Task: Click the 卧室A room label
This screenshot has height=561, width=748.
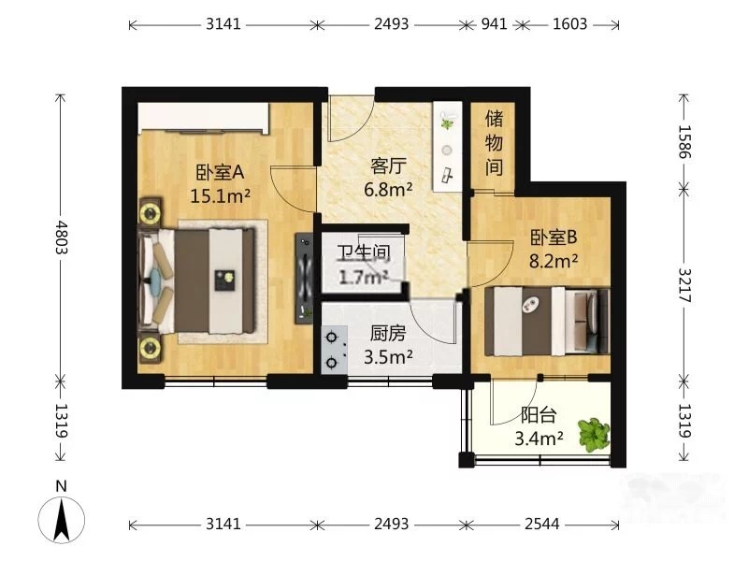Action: (220, 172)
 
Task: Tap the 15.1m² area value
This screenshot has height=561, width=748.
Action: (220, 195)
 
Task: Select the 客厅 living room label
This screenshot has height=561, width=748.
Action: (388, 166)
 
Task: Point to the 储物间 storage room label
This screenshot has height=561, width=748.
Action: (495, 143)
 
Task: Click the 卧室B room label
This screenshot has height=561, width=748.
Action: (554, 237)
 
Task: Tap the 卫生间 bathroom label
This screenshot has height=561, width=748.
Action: (364, 252)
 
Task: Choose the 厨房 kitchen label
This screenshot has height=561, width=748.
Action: (388, 334)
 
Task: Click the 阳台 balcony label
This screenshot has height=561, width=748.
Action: (539, 415)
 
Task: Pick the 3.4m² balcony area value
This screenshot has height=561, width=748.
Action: (539, 438)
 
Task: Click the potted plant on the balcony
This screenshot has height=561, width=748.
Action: (594, 435)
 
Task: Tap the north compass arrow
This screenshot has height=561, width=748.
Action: (61, 520)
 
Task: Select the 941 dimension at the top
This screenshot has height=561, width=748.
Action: (495, 24)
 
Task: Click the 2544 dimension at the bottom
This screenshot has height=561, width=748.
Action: (542, 525)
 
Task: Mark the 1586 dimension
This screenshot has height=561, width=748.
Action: (685, 142)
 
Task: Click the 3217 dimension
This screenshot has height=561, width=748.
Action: (685, 285)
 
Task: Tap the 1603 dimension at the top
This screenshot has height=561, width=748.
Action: (570, 24)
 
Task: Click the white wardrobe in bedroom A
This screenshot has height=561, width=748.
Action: (203, 118)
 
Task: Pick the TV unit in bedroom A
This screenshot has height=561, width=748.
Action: (304, 278)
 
